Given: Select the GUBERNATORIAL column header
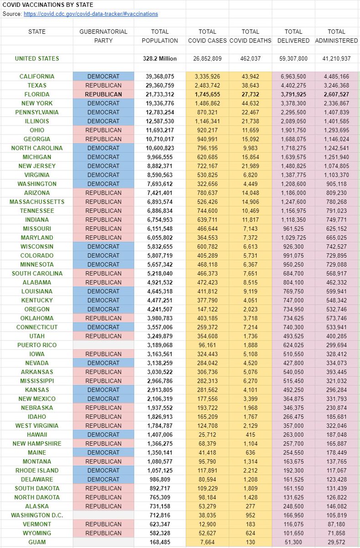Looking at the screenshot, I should point(104,32).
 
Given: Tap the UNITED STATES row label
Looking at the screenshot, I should point(37,58).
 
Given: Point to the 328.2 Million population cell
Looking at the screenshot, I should point(157,58).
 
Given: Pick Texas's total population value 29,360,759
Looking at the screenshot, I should point(159,85).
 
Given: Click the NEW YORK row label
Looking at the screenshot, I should point(37,103).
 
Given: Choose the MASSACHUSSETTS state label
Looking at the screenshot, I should point(37,201).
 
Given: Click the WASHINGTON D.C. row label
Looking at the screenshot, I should point(37,515).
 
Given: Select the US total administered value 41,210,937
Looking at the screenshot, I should point(336,58).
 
